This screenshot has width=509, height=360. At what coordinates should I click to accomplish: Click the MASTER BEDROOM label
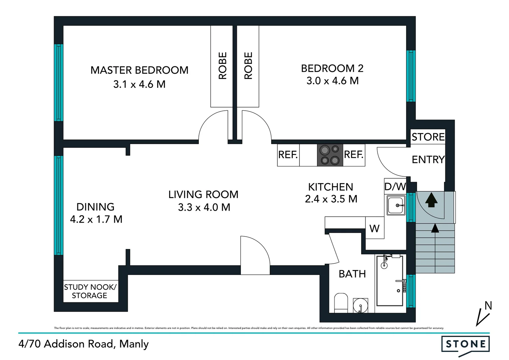[x=139, y=70]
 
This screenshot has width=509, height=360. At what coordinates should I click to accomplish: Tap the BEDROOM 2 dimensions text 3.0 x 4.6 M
[x=332, y=81]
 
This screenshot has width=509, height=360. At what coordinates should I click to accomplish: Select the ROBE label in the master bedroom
[x=223, y=66]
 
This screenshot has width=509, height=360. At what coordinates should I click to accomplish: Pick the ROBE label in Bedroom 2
[x=248, y=66]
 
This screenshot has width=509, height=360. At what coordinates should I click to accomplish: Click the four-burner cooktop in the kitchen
[x=330, y=155]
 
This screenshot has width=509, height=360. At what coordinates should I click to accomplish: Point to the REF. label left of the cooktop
[x=288, y=155]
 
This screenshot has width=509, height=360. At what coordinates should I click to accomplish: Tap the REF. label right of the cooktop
[x=353, y=155]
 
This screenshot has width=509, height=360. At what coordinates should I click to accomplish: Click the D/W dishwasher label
[x=395, y=187]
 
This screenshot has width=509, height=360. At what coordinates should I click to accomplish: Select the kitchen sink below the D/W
[x=396, y=205]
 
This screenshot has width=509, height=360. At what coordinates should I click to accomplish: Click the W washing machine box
[x=374, y=228]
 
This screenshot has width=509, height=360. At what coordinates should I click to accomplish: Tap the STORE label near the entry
[x=428, y=137]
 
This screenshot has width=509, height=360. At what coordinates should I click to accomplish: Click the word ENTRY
[x=428, y=160]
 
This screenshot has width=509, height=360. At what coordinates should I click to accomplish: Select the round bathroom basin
[x=360, y=305]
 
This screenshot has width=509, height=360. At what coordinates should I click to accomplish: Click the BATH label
[x=352, y=274]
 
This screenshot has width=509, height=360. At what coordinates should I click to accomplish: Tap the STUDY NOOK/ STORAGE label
[x=90, y=291]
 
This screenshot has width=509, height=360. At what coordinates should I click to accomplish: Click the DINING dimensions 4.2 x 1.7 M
[x=96, y=219]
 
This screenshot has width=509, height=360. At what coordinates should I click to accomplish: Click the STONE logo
[x=465, y=344]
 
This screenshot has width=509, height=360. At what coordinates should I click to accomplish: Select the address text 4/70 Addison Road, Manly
[x=84, y=344]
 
